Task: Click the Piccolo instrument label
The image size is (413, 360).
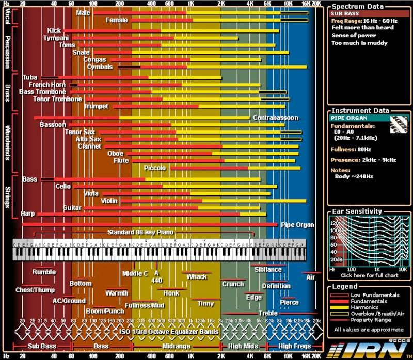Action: click(155, 168)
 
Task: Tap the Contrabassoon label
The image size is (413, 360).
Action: click(275, 118)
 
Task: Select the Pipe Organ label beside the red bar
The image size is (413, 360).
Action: click(297, 225)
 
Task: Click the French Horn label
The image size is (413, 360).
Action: click(47, 85)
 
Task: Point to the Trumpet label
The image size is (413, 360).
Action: click(96, 106)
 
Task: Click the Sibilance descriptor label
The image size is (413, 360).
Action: click(268, 269)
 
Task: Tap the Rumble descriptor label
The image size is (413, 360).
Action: click(44, 272)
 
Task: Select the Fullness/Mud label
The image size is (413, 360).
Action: click(144, 305)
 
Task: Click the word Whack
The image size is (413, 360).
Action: click(197, 277)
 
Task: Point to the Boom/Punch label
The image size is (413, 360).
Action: click(105, 311)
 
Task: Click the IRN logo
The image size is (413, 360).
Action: click(367, 349)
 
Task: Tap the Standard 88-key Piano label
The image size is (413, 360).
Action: click(140, 232)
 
